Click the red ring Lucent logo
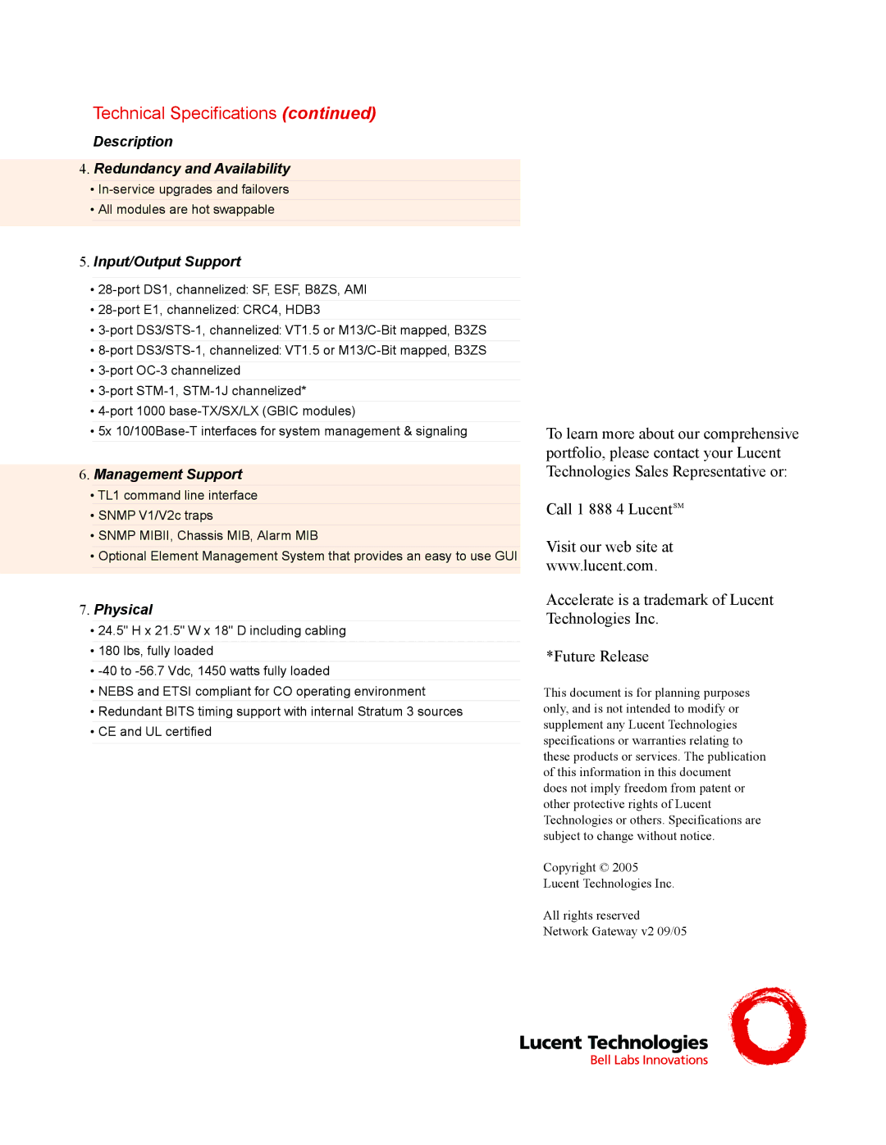coord(768,1026)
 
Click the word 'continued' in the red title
coord(329,113)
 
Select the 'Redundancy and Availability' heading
coord(192,169)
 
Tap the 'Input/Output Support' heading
coord(167,261)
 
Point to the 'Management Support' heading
coord(168,475)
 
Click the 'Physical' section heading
coord(123,610)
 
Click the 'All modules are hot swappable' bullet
coord(186,210)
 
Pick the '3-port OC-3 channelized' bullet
coord(169,370)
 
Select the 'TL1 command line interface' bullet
coord(177,495)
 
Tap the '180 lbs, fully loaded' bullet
coord(156,651)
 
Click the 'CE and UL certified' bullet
coord(155,732)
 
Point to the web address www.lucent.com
coord(600,566)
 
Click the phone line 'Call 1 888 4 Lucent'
coord(614,509)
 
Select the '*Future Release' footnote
coord(597,657)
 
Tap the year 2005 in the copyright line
coord(625,867)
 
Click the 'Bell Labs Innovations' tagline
coord(649,1060)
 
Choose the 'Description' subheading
coord(133,142)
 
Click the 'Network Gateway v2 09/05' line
coord(614,931)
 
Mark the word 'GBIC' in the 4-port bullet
coord(284,411)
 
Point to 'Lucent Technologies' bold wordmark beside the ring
coord(614,1042)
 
